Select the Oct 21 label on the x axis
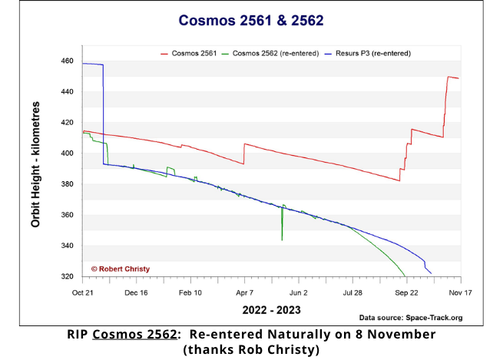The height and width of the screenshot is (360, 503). [82, 292]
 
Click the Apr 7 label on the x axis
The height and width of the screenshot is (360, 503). [244, 292]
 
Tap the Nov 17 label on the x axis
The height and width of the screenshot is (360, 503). [460, 292]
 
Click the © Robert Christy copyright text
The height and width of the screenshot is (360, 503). [121, 269]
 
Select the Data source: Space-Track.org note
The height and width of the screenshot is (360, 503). [411, 318]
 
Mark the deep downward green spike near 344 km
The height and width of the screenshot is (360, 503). [282, 239]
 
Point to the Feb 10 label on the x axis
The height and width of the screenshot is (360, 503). [190, 292]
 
